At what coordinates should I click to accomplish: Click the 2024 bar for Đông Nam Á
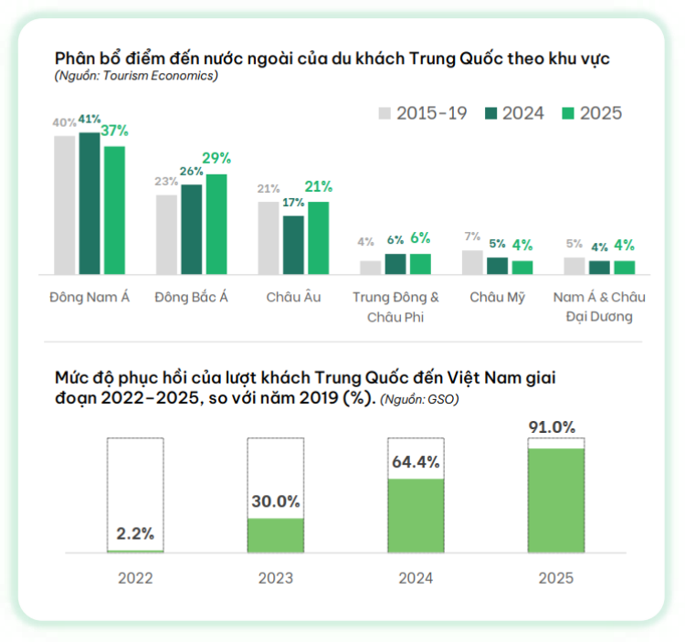point(89,203)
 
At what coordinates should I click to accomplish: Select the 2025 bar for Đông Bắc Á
point(216,224)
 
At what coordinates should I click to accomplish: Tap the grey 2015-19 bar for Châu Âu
point(269,237)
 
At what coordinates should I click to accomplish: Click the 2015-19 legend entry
point(423,113)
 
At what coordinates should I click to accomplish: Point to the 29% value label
point(216,159)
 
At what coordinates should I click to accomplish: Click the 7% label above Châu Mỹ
point(472,236)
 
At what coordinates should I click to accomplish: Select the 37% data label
point(114,131)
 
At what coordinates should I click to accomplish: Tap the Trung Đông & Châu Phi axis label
point(395,307)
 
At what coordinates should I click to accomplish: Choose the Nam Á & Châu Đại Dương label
point(599,307)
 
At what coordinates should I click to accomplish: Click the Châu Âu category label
point(293,298)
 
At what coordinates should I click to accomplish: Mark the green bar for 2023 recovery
point(275,535)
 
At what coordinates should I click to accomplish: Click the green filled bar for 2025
point(556,500)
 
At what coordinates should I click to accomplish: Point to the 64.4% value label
point(416,460)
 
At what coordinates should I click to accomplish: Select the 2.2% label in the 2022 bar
point(134,533)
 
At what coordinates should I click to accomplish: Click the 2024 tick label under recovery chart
point(416,578)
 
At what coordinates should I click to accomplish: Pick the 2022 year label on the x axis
point(135,578)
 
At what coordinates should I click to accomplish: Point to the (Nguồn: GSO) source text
point(419,399)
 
